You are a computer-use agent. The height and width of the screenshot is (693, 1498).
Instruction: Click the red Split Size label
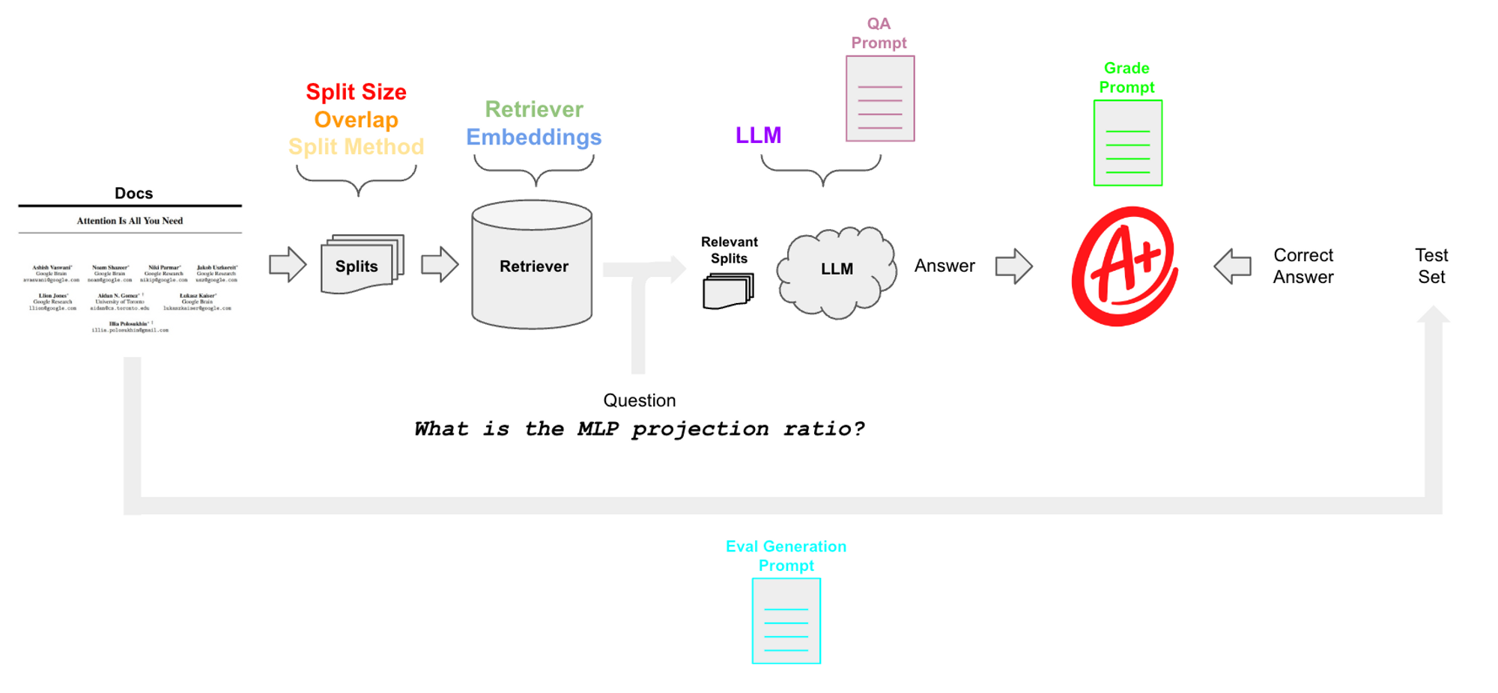356,92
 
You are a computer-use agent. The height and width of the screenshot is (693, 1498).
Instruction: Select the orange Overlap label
356,120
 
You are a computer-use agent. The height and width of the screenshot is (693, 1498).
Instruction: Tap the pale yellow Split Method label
356,147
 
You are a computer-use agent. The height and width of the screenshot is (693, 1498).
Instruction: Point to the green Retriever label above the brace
533,109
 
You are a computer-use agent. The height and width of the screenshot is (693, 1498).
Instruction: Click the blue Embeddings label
533,137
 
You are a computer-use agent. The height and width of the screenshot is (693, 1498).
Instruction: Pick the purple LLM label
758,135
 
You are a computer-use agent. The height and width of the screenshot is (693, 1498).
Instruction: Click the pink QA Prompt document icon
880,99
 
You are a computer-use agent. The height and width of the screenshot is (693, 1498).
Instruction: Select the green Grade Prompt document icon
1127,143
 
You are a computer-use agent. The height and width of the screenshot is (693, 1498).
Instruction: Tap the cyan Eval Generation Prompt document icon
786,621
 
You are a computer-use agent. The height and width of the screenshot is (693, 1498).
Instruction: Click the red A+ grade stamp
1124,266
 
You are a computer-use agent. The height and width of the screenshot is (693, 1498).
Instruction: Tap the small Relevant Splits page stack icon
727,290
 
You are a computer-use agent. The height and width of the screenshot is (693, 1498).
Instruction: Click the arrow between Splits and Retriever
440,264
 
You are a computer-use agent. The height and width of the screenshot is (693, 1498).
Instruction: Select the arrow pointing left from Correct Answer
1232,266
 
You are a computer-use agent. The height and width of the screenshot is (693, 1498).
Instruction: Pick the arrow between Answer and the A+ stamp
1014,266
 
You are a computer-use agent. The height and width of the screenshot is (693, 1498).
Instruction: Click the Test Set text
1431,266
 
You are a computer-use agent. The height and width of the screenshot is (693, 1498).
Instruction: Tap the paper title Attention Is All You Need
130,221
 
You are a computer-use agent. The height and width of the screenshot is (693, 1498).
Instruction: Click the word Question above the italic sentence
640,400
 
